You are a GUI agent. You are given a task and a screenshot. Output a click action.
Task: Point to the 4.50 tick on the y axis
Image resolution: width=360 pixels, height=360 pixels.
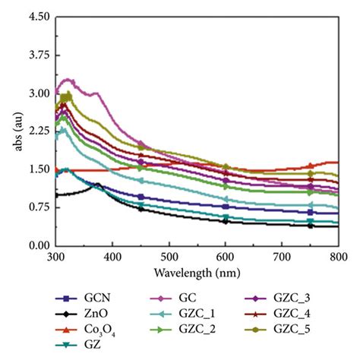point(39,17)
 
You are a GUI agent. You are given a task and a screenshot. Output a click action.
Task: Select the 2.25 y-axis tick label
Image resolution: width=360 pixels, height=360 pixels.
point(39,131)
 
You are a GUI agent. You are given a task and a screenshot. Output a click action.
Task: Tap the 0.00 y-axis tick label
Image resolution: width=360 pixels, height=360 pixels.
point(39,245)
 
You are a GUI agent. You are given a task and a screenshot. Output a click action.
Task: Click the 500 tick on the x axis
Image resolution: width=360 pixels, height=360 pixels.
point(169,257)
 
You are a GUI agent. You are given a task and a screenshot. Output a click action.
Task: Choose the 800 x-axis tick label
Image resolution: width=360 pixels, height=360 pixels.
point(337,257)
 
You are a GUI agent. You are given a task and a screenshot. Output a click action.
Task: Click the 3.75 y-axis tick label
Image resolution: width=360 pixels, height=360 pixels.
point(39,55)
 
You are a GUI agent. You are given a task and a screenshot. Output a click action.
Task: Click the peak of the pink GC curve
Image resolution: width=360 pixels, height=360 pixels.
point(67,79)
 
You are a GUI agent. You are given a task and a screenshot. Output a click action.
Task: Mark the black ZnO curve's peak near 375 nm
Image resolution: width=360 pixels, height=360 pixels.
point(98,184)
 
